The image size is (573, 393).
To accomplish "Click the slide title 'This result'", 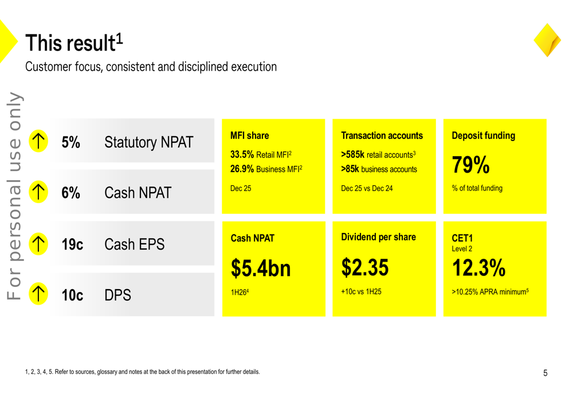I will (x=73, y=42).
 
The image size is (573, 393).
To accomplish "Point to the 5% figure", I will (x=70, y=143).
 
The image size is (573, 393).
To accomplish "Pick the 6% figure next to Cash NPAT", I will (x=70, y=193).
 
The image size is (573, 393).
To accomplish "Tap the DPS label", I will (x=117, y=295).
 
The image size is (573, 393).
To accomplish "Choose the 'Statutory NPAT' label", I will (x=148, y=143).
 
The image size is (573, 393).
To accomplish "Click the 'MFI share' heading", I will (x=249, y=136).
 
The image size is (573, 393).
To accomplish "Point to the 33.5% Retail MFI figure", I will (x=261, y=155).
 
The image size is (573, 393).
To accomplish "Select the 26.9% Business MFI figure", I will (x=266, y=169).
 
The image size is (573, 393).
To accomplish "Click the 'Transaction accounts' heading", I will (x=382, y=136).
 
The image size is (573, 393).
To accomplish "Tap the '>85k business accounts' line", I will (x=379, y=169).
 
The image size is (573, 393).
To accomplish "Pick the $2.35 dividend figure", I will (x=365, y=267).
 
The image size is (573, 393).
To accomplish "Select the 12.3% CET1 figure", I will (x=478, y=267).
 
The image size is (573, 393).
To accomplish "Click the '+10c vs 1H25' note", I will (x=361, y=291).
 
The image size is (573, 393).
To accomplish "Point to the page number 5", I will (x=545, y=373).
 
